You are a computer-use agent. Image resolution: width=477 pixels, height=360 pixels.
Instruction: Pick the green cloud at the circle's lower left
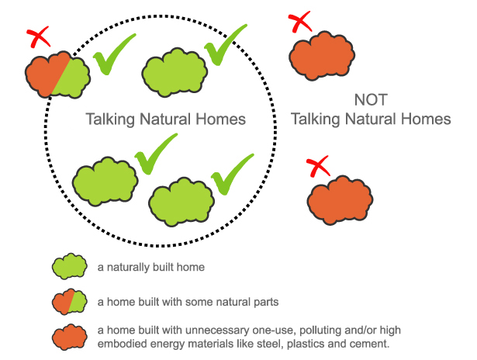click(105, 182)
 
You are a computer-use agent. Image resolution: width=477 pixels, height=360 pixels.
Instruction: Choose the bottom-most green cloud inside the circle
click(180, 201)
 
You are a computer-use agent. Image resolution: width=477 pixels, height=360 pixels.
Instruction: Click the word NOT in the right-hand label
click(370, 100)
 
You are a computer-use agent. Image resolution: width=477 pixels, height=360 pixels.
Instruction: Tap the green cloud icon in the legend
click(69, 267)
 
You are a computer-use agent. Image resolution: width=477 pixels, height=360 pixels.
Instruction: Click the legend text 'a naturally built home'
click(150, 268)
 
